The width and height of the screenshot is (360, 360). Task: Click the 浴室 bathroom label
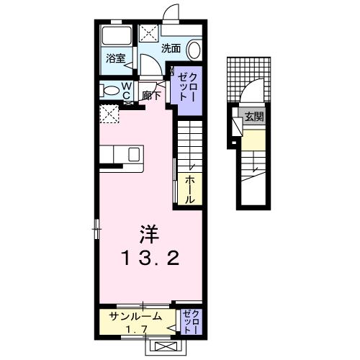point(116,58)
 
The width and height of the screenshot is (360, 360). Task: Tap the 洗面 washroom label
point(170,49)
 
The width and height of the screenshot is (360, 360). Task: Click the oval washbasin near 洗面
point(194,49)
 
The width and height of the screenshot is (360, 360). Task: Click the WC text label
point(126,89)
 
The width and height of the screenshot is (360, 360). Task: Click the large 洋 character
point(148,233)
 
